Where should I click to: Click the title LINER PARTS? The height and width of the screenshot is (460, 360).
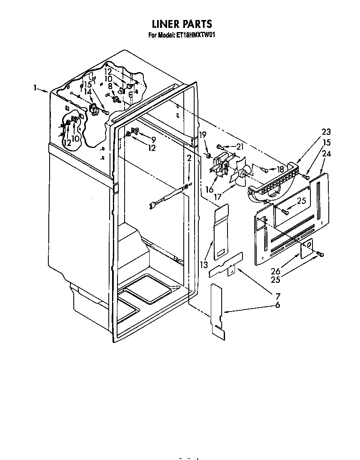coord(181,24)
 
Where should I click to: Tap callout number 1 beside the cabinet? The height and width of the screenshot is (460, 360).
coord(36,88)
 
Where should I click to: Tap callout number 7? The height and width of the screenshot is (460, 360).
coord(277,296)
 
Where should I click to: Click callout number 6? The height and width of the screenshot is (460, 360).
coord(277,305)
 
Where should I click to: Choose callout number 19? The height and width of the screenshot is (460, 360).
coord(202,134)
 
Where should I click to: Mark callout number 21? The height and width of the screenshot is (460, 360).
coord(239,146)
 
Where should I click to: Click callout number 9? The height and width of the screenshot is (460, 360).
coord(153,139)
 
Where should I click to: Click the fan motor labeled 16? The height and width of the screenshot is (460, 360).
coord(220,167)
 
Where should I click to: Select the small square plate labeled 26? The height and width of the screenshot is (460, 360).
coord(307,249)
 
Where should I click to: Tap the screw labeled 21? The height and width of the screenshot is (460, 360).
coord(219,146)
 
